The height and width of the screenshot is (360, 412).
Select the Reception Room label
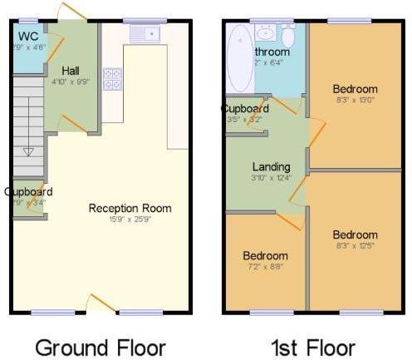click(x=130, y=208)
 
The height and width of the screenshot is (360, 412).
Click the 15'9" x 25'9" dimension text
click(x=130, y=219)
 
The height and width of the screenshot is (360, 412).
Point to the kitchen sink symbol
click(x=146, y=33)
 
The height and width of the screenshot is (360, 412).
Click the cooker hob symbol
click(x=111, y=78)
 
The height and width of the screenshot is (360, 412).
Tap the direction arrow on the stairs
click(x=28, y=150)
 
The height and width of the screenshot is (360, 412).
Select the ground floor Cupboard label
click(x=27, y=191)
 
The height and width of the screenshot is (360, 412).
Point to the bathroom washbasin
click(x=266, y=33)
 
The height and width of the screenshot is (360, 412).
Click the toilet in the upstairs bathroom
click(x=288, y=37)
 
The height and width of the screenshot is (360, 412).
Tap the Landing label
click(x=271, y=166)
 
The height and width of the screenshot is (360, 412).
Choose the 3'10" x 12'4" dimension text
click(x=271, y=177)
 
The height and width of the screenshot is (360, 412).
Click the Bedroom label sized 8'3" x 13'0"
click(x=355, y=89)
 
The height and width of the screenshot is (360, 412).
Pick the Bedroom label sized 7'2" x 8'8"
click(x=265, y=255)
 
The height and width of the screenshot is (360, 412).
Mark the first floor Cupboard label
click(x=244, y=109)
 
